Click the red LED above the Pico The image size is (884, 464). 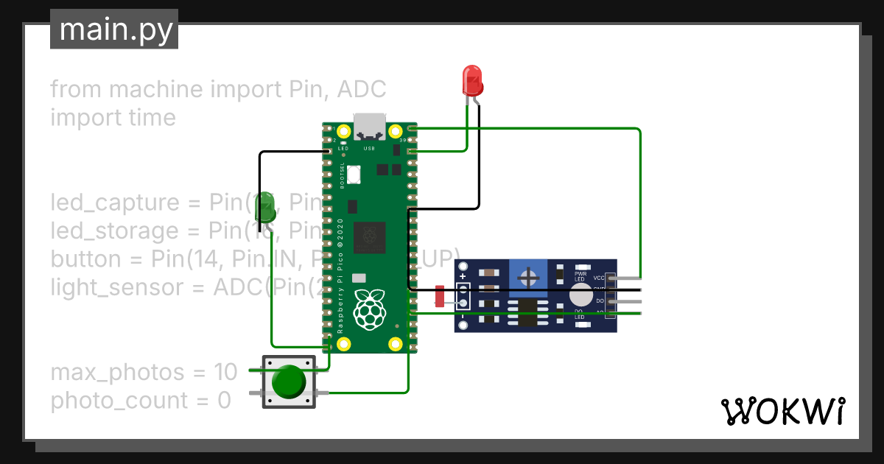pos(471,80)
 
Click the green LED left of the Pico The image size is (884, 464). pos(264,209)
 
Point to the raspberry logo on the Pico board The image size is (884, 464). pos(370,309)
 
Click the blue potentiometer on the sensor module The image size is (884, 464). pos(527,278)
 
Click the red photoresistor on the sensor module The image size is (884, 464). pos(440,296)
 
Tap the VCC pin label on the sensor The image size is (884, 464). pos(598,278)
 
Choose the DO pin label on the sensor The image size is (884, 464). pos(600,300)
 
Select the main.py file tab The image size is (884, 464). pos(114,29)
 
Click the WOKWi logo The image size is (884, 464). pos(782,411)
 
